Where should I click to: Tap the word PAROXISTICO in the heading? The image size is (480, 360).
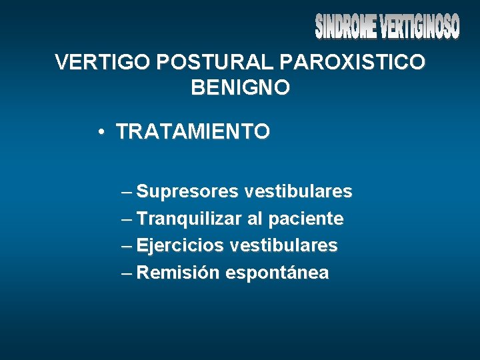click(x=353, y=63)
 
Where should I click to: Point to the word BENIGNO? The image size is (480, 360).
click(x=240, y=87)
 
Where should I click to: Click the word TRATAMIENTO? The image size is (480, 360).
click(x=193, y=131)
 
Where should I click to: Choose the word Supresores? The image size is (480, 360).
click(x=187, y=192)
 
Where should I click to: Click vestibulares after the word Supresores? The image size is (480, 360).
click(x=298, y=192)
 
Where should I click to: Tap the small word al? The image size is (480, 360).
click(x=257, y=219)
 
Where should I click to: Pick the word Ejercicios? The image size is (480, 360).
click(x=180, y=246)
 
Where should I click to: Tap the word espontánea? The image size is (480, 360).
click(x=277, y=273)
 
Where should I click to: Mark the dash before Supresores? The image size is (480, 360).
click(x=127, y=193)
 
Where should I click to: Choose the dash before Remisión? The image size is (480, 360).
click(x=127, y=273)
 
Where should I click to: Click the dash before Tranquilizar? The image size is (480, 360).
click(x=127, y=219)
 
